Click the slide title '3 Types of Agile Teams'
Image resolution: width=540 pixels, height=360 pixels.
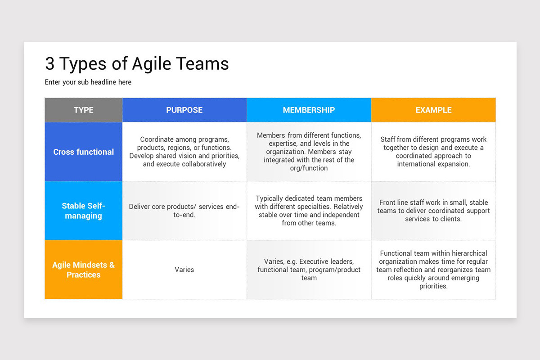click(x=137, y=64)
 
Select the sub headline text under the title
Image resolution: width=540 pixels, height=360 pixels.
click(x=88, y=82)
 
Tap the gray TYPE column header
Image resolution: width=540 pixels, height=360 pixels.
click(x=84, y=110)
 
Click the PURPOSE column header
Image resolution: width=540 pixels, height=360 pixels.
click(x=184, y=110)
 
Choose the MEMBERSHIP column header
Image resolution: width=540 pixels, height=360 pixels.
click(x=309, y=110)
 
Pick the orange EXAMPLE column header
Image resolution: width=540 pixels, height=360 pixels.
click(x=433, y=110)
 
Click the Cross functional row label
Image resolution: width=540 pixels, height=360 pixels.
click(x=84, y=152)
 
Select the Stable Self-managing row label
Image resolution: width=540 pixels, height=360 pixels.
click(x=84, y=211)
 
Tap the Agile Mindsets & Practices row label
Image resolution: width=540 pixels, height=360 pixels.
click(x=84, y=270)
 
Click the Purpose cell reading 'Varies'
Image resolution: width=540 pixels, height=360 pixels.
click(x=184, y=270)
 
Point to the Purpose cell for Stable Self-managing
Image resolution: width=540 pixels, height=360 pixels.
click(x=184, y=211)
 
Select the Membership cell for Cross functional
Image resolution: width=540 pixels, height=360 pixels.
click(x=309, y=152)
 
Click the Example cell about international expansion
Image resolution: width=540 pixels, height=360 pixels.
click(x=433, y=152)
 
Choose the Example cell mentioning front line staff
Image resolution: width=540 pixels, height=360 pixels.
click(x=433, y=211)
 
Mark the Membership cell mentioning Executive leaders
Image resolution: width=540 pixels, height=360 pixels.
click(x=309, y=270)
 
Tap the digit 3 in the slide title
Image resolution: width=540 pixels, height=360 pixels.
click(x=49, y=64)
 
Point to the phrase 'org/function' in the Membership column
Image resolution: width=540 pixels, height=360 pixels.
click(x=309, y=168)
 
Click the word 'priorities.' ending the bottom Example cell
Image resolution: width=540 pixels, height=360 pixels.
click(x=433, y=286)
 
